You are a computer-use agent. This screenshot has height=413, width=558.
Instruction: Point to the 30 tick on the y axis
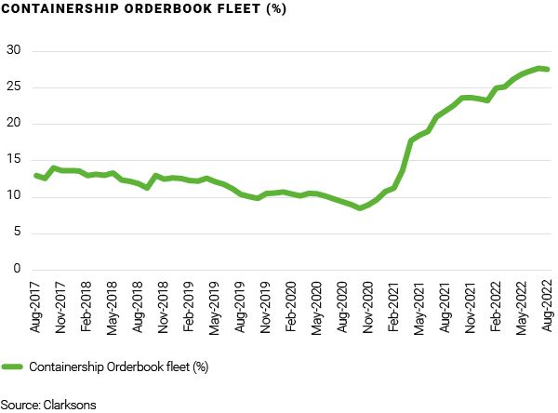(13, 50)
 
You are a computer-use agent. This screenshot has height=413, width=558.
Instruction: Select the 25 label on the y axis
(13, 87)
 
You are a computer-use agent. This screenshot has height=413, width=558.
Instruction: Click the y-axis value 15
(13, 160)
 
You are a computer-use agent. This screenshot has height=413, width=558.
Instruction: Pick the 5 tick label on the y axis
(16, 233)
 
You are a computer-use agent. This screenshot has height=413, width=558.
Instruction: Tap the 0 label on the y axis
(16, 270)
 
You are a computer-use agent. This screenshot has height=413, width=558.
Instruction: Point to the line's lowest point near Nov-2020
(360, 207)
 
